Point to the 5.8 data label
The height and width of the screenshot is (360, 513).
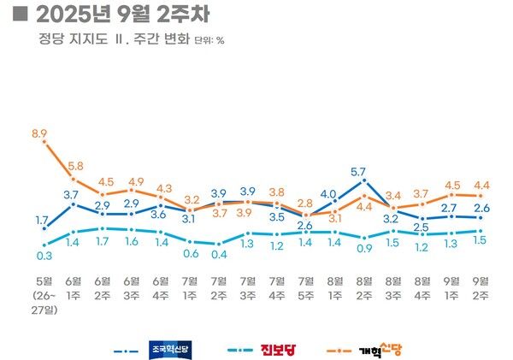[x=74, y=165]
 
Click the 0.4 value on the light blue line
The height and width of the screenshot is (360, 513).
[x=219, y=255]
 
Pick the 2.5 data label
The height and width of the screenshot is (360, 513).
[x=422, y=227]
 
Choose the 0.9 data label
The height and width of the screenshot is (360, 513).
[x=363, y=249]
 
